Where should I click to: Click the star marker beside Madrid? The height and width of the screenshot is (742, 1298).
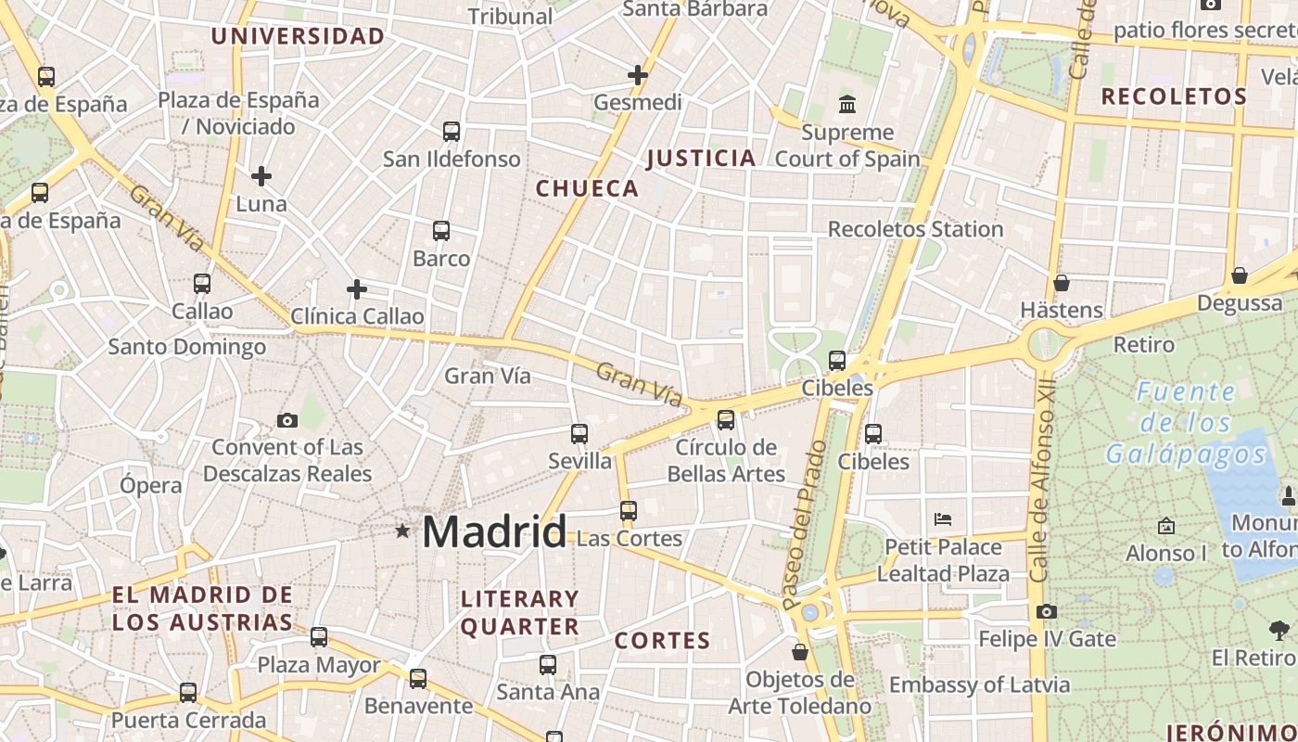tap(402, 531)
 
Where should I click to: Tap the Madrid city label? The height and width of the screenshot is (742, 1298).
tap(493, 532)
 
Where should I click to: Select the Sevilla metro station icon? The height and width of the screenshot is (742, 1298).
tap(579, 433)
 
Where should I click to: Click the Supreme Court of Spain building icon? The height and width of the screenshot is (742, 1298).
tap(847, 104)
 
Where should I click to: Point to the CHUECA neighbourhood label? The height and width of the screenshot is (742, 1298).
tap(588, 189)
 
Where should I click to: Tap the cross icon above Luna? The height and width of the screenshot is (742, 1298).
tap(261, 175)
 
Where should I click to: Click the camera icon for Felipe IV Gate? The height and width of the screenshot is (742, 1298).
tap(1047, 611)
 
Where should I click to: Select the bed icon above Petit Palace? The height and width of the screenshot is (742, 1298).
tap(943, 519)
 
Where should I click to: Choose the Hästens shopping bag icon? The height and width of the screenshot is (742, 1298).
tap(1062, 282)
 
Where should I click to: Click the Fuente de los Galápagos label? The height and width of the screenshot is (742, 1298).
tap(1186, 423)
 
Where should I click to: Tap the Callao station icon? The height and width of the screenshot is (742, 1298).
tap(202, 283)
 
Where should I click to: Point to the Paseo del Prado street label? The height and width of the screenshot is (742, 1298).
tap(804, 524)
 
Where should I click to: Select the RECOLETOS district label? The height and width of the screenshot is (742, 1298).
tap(1174, 96)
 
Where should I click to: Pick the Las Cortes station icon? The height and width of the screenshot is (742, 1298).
tap(629, 510)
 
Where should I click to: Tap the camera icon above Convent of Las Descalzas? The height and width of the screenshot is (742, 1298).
tap(287, 420)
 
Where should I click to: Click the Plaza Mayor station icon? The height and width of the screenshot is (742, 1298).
tap(319, 637)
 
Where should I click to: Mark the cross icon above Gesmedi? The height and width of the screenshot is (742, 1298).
tap(638, 75)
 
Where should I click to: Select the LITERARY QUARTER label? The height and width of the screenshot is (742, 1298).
tap(520, 612)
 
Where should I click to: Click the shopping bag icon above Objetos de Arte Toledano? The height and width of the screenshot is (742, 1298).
tap(800, 652)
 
